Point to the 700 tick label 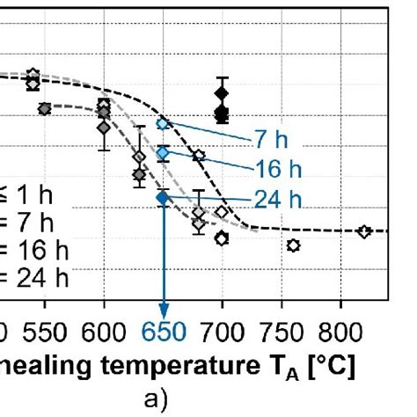point(222,333)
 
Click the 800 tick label point(339,333)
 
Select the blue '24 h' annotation point(282,200)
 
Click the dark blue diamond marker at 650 point(162,198)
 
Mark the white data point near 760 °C point(293,245)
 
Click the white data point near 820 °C point(364,231)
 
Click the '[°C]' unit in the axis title point(325,366)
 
